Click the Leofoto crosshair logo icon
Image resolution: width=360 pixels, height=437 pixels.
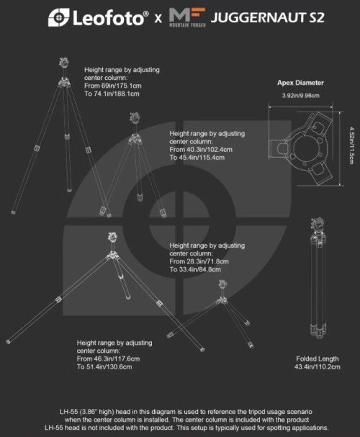pos(58,17)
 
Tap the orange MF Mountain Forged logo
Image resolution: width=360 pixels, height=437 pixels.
pos(187,17)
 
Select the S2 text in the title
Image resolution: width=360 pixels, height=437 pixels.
pos(317,17)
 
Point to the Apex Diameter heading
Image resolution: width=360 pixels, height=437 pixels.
pos(300,83)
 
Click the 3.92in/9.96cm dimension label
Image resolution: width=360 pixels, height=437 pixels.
pos(301,96)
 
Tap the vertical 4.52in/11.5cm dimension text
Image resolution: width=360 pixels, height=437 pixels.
pos(352,145)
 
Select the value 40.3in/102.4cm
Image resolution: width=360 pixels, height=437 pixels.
pos(209,149)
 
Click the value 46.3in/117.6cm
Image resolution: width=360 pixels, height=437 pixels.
pos(116,359)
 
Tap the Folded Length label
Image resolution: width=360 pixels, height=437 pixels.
pos(318,359)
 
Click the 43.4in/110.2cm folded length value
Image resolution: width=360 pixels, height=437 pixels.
pos(318,366)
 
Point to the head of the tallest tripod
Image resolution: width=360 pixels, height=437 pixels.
pos(64,63)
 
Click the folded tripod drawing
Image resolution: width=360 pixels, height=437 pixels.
pos(318,278)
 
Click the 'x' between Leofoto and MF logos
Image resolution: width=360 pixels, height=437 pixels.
pos(158,19)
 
